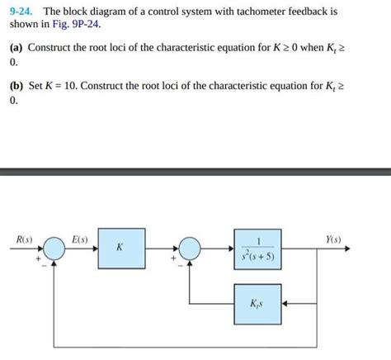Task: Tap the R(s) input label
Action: point(24,240)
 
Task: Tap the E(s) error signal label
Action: point(80,240)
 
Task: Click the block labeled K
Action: point(121,247)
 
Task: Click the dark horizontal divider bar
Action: point(195,172)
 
